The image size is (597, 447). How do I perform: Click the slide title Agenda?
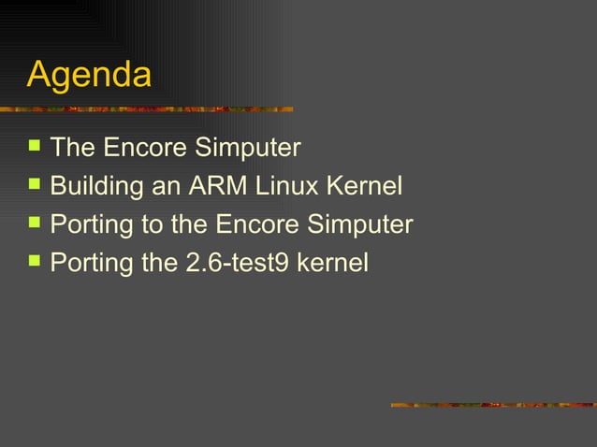[x=89, y=75]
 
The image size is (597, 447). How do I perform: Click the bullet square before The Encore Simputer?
[x=35, y=146]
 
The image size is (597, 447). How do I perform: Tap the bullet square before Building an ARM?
[x=35, y=185]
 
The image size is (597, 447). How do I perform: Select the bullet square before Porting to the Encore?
[x=35, y=223]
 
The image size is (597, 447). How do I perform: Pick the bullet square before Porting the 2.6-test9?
[x=35, y=263]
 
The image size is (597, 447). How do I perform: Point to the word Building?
[x=96, y=187]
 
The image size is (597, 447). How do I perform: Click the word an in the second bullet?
[x=166, y=187]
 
